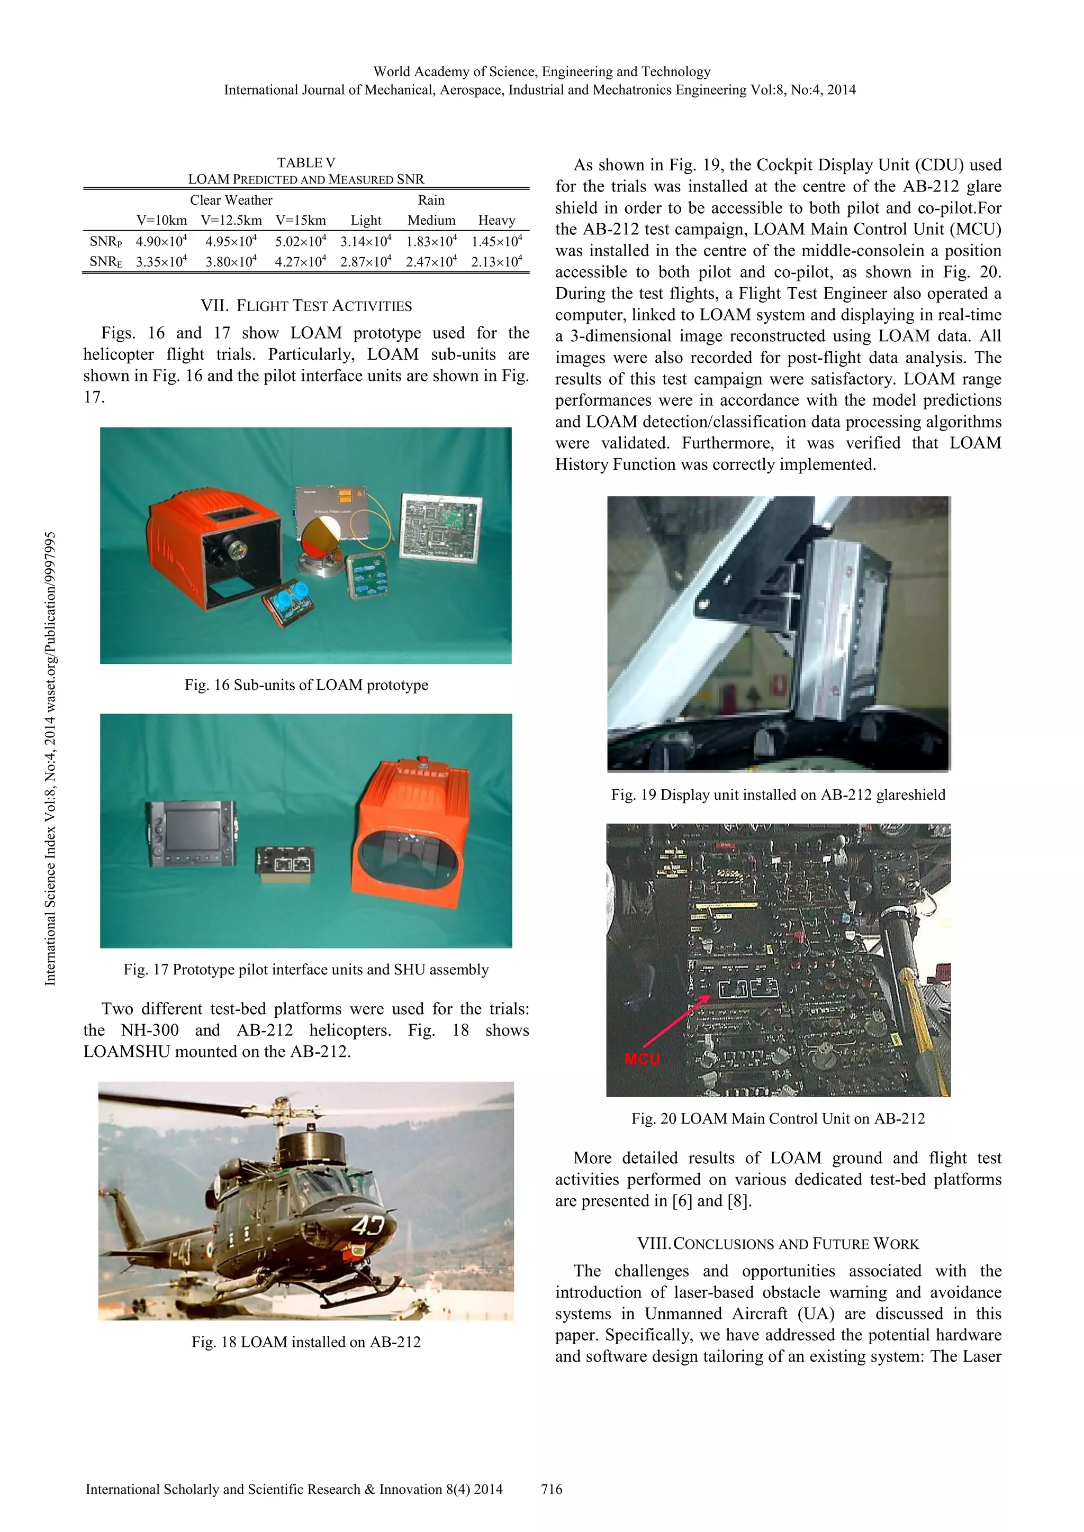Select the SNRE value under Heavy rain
click(496, 261)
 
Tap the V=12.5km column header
click(231, 220)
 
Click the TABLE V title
click(306, 163)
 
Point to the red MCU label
click(642, 1059)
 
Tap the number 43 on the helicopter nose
click(368, 1226)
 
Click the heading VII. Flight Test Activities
click(306, 306)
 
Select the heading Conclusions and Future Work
click(778, 1244)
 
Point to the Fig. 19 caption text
click(778, 795)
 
